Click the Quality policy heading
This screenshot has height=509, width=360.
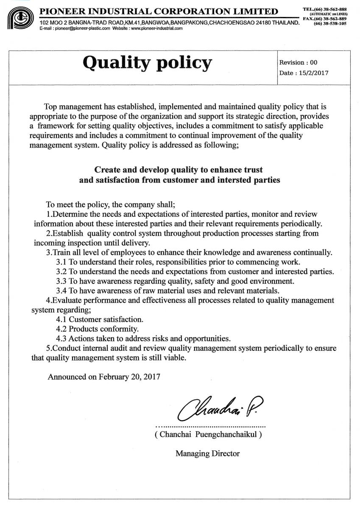(147, 63)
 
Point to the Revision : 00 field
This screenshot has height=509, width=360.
(298, 62)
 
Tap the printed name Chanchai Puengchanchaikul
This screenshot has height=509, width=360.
(208, 435)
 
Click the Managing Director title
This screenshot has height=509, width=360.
(208, 453)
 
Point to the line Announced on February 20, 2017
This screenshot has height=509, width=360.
(104, 376)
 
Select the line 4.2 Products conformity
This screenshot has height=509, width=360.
(98, 329)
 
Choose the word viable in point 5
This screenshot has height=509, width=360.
(175, 358)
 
